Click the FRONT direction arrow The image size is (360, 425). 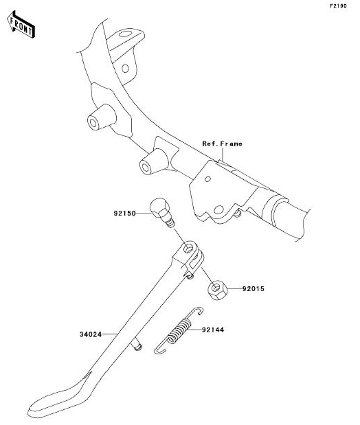point(21,24)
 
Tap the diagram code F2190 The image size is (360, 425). point(338,6)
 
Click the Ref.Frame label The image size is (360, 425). point(222,143)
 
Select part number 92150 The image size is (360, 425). point(124,214)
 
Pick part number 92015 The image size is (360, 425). point(253,289)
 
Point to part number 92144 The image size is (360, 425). point(213,330)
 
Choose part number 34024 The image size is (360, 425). point(91,334)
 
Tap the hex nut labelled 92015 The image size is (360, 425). point(218,290)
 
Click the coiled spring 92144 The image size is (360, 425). point(179,331)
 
